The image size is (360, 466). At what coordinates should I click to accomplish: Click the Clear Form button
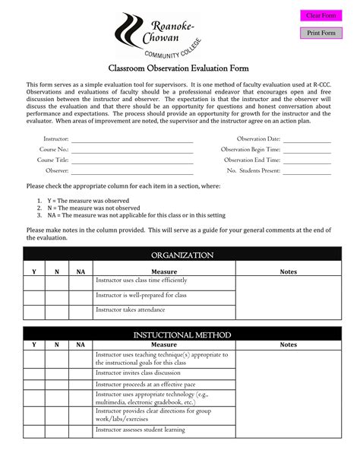(x=321, y=16)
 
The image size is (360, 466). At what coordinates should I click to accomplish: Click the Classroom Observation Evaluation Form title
(x=179, y=68)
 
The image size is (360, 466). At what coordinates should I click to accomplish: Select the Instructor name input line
(x=132, y=139)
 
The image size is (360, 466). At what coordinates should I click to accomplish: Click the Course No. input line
(x=132, y=150)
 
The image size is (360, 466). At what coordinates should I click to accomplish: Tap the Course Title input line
(x=132, y=160)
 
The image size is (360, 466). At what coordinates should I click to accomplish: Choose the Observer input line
(x=132, y=171)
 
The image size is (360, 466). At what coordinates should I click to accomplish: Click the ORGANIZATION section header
(x=182, y=255)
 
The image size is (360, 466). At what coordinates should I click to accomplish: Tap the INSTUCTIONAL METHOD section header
(x=182, y=334)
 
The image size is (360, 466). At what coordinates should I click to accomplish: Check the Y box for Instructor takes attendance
(x=33, y=312)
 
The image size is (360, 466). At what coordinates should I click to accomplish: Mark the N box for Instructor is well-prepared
(x=57, y=297)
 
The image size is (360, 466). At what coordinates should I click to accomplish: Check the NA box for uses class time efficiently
(x=81, y=283)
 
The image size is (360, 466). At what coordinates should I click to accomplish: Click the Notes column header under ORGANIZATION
(x=289, y=271)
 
